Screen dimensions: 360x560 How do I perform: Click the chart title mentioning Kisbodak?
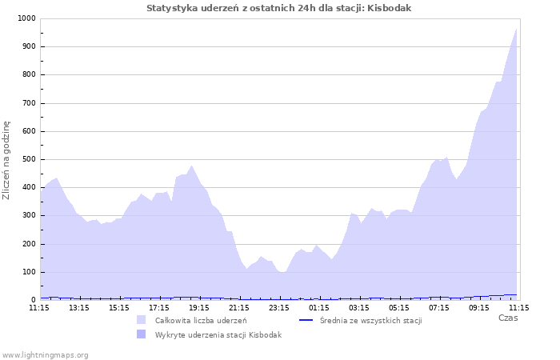pos(279,8)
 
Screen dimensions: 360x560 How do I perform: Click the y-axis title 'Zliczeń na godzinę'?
pos(7,160)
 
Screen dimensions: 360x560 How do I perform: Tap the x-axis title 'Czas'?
pos(507,318)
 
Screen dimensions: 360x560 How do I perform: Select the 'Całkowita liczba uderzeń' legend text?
pos(201,321)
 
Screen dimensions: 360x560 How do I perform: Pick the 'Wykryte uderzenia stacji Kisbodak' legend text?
pos(218,335)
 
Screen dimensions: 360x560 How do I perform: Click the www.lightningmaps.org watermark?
pos(45,354)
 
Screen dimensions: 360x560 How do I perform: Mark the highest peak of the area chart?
pos(517,29)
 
